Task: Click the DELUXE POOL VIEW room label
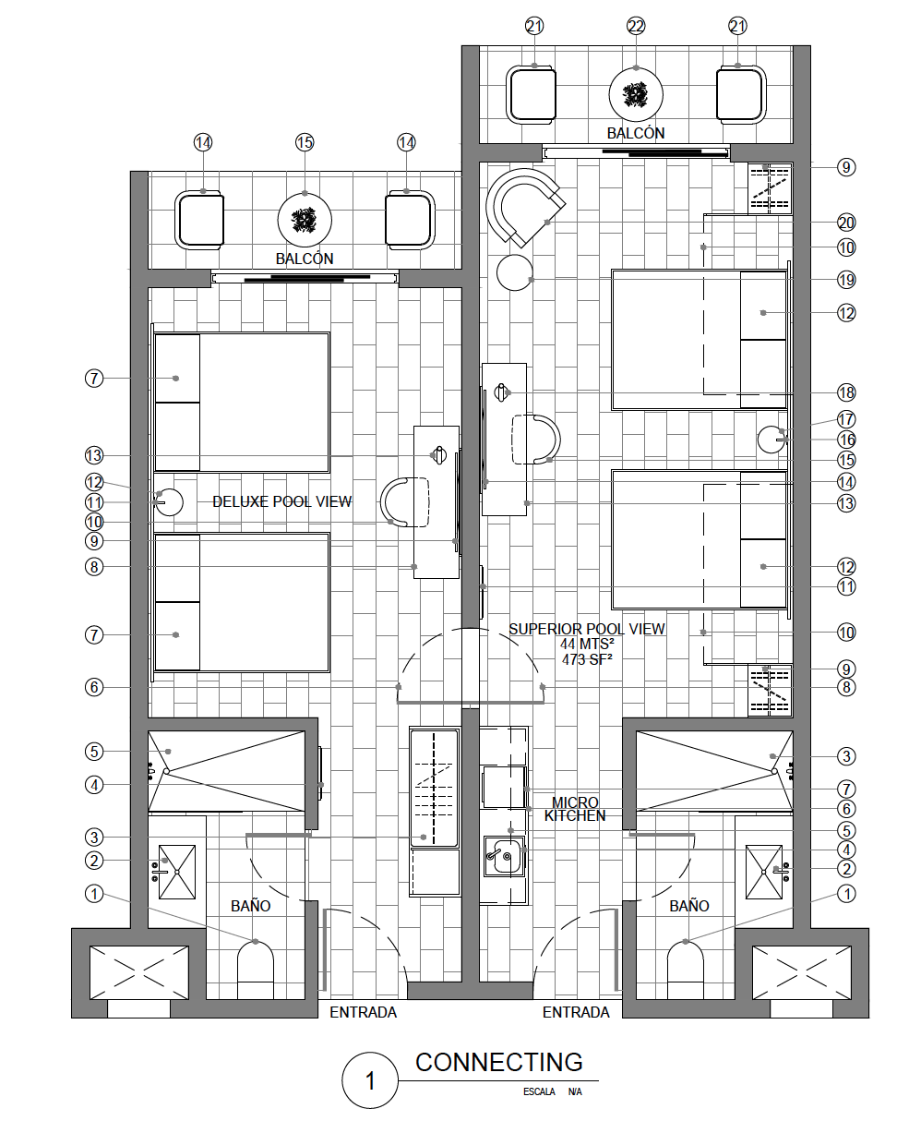(x=281, y=501)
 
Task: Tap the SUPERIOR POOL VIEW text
(x=587, y=629)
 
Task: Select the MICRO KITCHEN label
(x=575, y=809)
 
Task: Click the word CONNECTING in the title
(x=498, y=1062)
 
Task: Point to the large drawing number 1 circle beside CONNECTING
(x=370, y=1081)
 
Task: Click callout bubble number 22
(x=636, y=26)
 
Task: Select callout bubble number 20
(x=846, y=223)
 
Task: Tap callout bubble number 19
(x=846, y=281)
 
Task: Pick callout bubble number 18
(x=846, y=392)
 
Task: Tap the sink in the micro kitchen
(x=504, y=857)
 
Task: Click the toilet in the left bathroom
(x=256, y=970)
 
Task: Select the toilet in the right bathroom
(x=686, y=970)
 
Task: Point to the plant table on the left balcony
(x=305, y=220)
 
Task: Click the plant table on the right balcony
(x=636, y=95)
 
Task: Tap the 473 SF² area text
(x=587, y=659)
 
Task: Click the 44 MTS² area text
(x=587, y=645)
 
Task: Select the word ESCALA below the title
(x=539, y=1091)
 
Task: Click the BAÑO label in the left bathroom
(x=250, y=906)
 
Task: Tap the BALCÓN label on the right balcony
(x=636, y=133)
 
